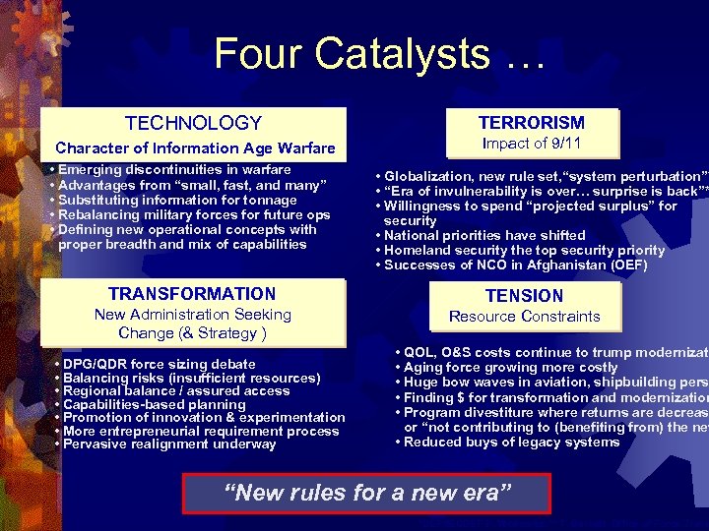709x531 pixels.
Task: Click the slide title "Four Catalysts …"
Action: [378, 53]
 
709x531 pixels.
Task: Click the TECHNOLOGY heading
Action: [194, 123]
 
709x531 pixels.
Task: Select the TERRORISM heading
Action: [531, 123]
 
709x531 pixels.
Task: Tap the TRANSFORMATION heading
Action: [192, 294]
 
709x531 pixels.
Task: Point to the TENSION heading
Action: [524, 295]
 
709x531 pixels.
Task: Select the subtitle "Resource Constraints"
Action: [524, 317]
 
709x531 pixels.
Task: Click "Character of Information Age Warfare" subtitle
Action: [195, 148]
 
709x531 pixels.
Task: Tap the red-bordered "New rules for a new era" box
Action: [368, 493]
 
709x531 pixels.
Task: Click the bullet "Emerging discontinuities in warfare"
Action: [174, 170]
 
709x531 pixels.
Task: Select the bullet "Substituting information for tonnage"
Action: [177, 200]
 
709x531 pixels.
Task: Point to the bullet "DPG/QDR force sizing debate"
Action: [158, 364]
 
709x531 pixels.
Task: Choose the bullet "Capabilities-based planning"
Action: [154, 404]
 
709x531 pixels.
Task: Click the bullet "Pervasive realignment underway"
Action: [168, 444]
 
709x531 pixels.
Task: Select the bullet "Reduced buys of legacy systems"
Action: [511, 442]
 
